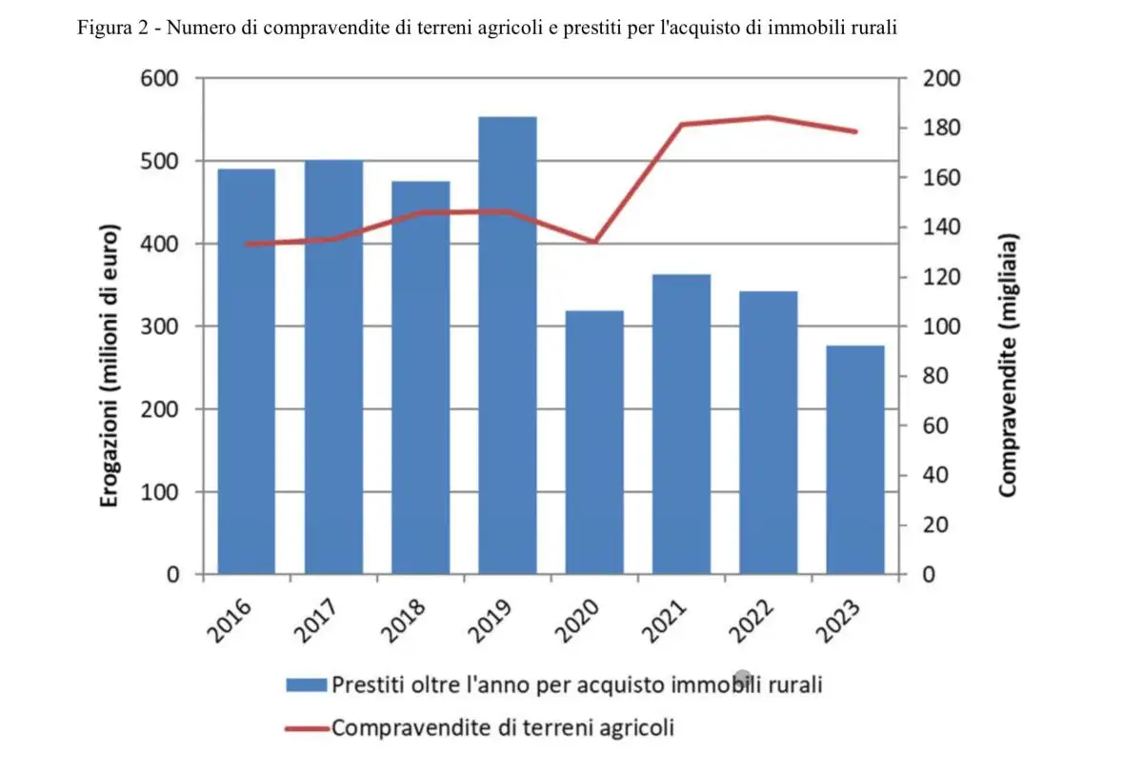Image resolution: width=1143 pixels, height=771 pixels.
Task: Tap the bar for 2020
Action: click(594, 443)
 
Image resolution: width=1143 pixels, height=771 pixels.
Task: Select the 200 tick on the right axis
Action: click(941, 79)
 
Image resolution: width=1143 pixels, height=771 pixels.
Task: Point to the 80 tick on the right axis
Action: click(935, 376)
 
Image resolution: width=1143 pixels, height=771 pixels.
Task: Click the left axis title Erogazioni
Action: click(110, 366)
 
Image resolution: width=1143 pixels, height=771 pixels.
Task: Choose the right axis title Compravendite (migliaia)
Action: click(1009, 365)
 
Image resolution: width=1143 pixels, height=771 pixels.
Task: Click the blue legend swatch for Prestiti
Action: click(306, 684)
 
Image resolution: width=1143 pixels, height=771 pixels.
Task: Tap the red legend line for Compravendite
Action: click(306, 729)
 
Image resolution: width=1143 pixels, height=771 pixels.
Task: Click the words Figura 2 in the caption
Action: click(111, 27)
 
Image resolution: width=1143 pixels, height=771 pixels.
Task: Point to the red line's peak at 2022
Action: click(768, 117)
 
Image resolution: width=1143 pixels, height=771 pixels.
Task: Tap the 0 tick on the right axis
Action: click(929, 575)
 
